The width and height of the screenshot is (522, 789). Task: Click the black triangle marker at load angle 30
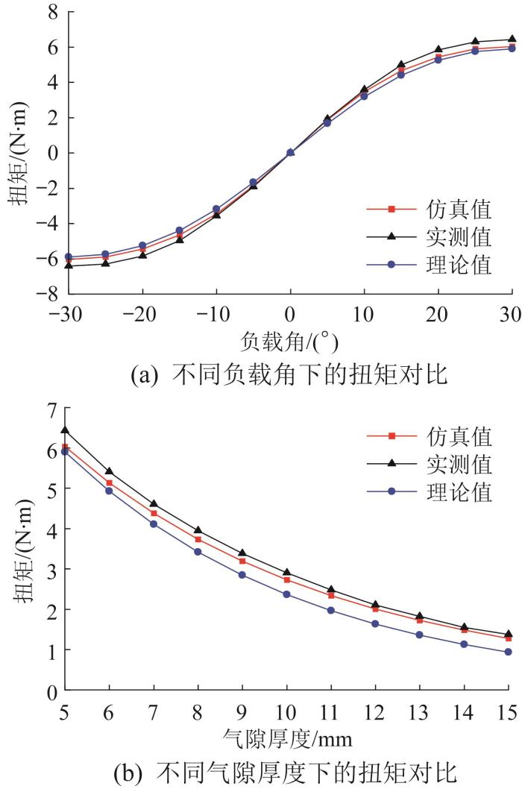tap(512, 39)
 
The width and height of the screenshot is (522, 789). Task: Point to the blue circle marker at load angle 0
tap(291, 153)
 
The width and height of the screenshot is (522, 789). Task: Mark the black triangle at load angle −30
tap(69, 265)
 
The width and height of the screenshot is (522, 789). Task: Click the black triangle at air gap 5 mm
tap(65, 430)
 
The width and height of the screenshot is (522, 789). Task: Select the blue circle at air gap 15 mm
tap(509, 652)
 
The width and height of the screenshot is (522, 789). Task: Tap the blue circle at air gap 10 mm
tap(287, 594)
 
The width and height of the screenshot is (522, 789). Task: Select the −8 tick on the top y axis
tap(46, 294)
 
